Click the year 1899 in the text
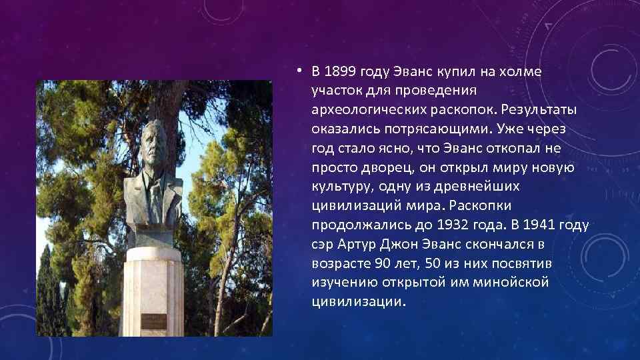pos(341,72)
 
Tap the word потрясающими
pos(404,129)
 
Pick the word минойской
pos(509,282)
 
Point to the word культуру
pos(338,187)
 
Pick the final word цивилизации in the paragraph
pos(357,301)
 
